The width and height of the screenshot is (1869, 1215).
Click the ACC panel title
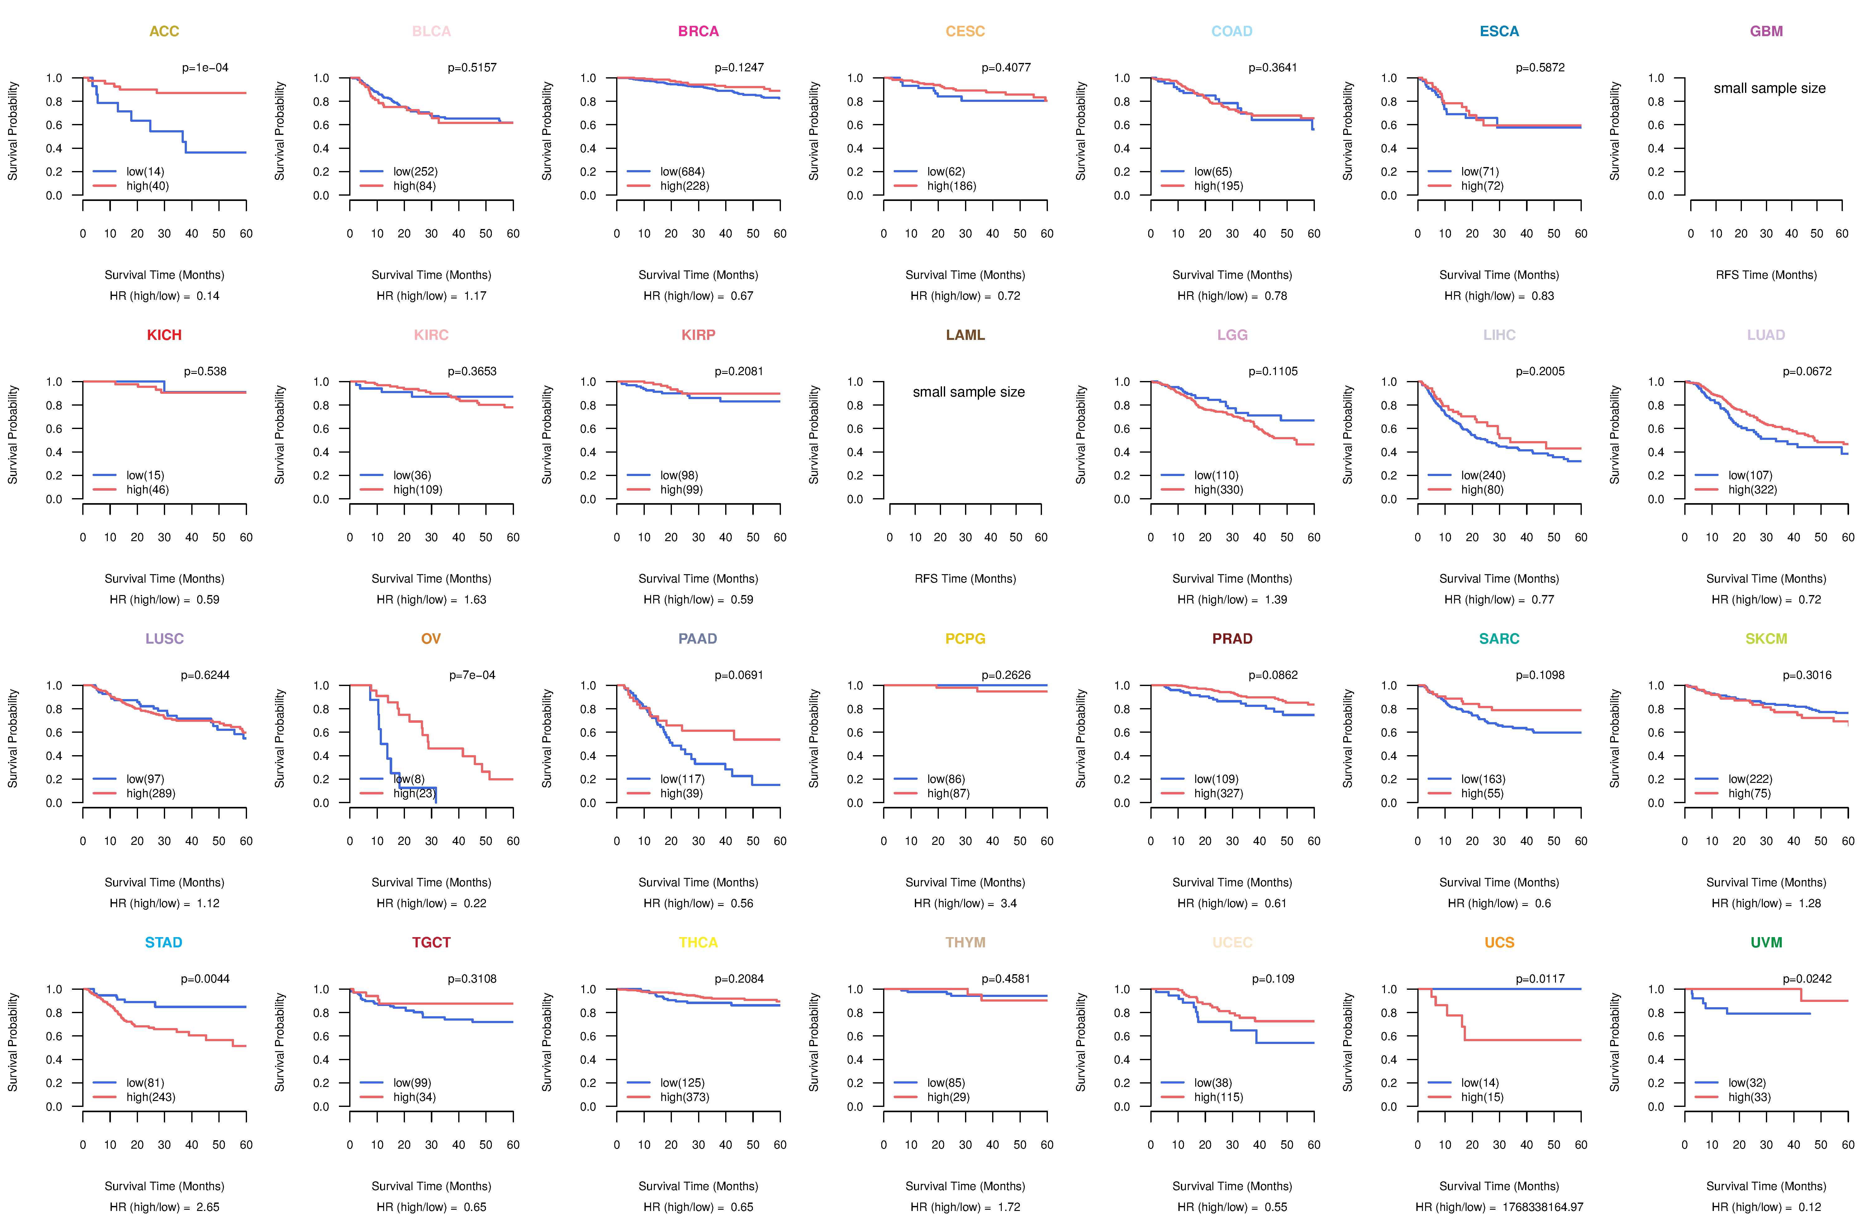[x=164, y=31]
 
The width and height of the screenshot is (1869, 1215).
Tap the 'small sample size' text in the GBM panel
[x=1769, y=88]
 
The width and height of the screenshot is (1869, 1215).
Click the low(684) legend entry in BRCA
[x=682, y=171]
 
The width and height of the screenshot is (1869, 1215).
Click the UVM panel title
[x=1766, y=942]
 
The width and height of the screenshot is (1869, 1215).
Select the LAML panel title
[x=965, y=335]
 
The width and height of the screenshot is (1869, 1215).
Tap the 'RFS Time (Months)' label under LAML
[x=965, y=579]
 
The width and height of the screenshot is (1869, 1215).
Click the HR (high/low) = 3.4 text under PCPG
[x=965, y=903]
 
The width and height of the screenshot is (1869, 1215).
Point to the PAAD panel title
[x=697, y=639]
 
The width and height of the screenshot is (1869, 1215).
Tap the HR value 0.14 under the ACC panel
[x=208, y=296]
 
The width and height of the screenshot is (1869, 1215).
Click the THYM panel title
[x=965, y=942]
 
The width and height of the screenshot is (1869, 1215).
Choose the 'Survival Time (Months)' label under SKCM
[x=1766, y=883]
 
